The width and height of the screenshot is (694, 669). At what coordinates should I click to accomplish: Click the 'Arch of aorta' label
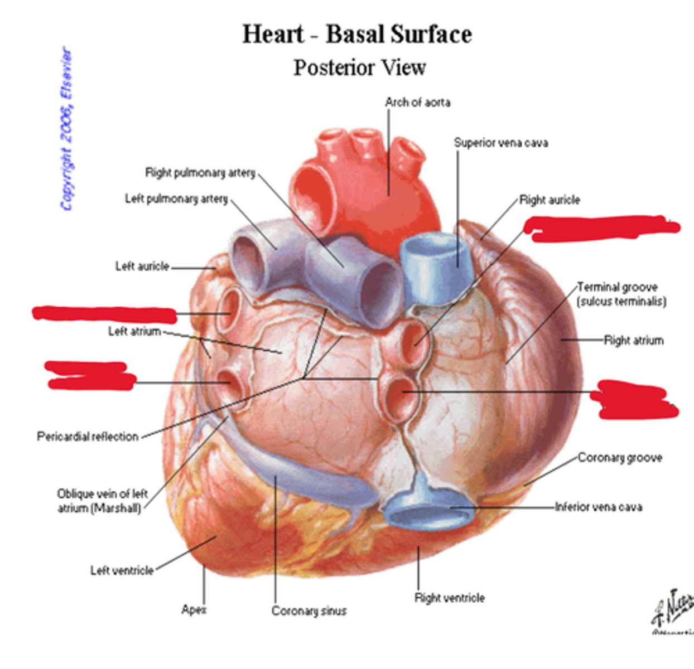click(417, 103)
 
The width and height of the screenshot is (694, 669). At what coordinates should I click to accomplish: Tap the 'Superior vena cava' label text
click(500, 143)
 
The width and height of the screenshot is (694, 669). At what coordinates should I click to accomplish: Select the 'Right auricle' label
click(550, 200)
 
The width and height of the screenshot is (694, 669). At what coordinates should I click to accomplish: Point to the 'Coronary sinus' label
click(309, 611)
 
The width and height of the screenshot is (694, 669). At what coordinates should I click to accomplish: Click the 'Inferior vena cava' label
click(598, 507)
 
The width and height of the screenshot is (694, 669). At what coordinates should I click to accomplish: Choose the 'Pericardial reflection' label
click(88, 437)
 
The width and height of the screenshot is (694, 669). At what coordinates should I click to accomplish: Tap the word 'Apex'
click(194, 610)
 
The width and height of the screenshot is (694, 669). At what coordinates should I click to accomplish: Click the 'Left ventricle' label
click(122, 570)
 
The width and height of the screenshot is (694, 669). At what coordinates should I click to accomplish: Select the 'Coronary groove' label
click(620, 458)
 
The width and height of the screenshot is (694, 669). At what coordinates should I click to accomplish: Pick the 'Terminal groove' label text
click(617, 287)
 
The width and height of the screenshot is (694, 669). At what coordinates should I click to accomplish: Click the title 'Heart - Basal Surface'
click(357, 34)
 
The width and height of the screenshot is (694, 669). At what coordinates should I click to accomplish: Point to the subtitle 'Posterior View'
click(360, 67)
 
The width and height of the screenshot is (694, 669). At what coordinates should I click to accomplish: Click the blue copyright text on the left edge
click(66, 128)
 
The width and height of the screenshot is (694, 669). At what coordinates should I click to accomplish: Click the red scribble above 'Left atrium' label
click(104, 314)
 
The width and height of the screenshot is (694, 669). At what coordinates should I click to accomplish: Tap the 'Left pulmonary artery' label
click(176, 199)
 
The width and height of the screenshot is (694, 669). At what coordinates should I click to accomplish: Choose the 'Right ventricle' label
click(449, 598)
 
